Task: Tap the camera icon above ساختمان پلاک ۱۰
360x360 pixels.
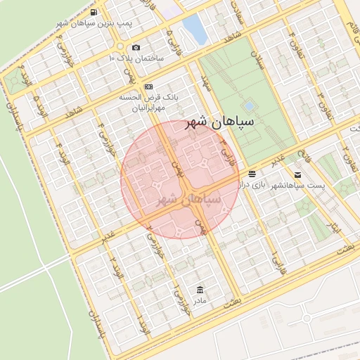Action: click(x=135, y=47)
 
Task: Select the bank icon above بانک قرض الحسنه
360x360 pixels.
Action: click(x=148, y=86)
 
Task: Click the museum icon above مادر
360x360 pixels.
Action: click(x=200, y=290)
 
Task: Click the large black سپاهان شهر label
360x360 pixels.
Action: click(x=219, y=123)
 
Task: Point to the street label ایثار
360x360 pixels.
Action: click(x=335, y=226)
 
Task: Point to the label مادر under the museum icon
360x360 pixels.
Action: click(x=200, y=301)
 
